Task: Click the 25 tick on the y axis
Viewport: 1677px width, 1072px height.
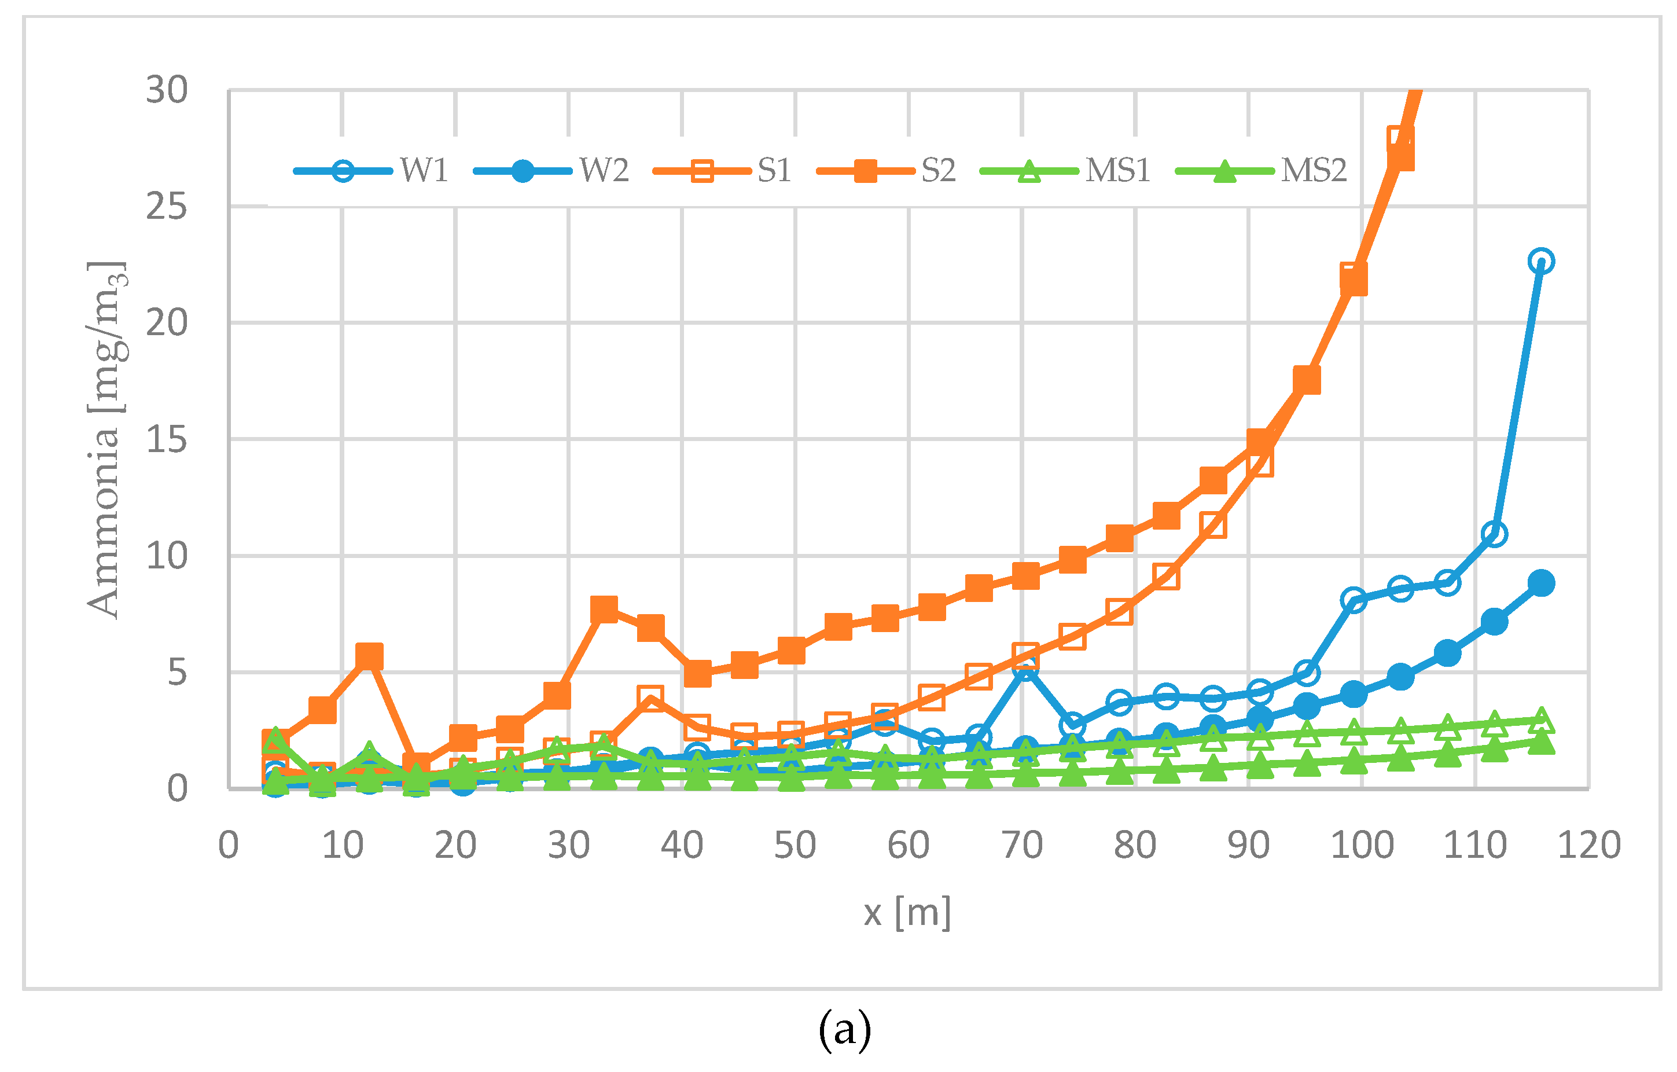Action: tap(167, 207)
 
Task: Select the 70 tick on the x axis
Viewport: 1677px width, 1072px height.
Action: tap(1022, 846)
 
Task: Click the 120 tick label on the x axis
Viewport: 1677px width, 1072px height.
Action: tap(1588, 846)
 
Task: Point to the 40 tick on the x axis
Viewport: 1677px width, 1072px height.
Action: tap(682, 846)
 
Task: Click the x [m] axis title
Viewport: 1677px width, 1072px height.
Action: tap(907, 912)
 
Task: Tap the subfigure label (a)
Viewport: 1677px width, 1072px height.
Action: tap(844, 1030)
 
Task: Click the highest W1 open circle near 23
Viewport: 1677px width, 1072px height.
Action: tap(1541, 261)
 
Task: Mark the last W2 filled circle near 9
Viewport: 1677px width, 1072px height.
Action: tap(1541, 582)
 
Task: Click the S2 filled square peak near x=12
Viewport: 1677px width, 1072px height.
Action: tap(369, 656)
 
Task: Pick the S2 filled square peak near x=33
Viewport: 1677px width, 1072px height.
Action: tap(604, 609)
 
